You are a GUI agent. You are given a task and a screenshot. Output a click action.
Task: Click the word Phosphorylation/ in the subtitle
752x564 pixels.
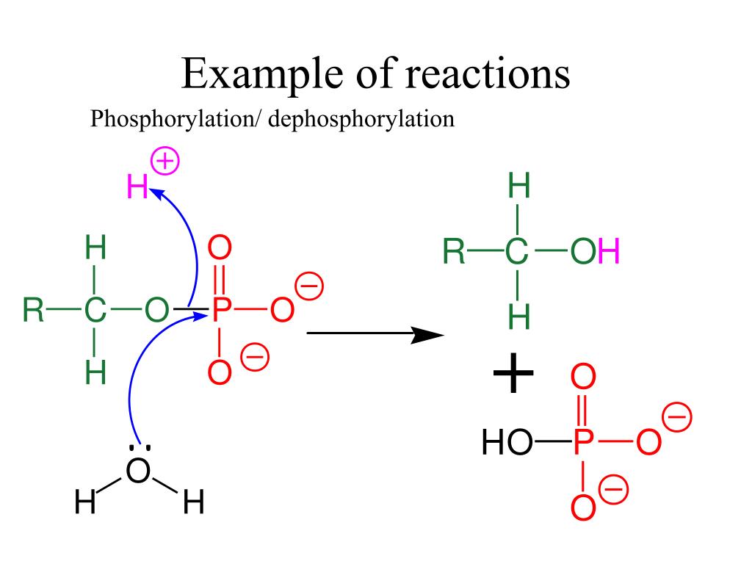coord(176,119)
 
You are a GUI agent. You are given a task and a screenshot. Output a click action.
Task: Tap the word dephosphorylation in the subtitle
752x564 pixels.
coord(361,119)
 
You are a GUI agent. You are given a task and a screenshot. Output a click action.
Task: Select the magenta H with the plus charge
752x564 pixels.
coord(137,189)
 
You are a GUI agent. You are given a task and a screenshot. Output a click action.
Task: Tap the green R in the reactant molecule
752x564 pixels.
coord(33,311)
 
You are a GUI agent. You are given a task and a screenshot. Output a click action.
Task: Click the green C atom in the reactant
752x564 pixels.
coord(95,311)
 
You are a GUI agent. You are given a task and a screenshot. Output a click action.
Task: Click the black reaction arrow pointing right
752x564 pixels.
coord(375,335)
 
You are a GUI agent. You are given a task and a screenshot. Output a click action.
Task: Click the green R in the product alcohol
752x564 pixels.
coord(454,253)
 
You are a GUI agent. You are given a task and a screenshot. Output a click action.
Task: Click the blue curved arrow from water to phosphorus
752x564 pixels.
coord(132,382)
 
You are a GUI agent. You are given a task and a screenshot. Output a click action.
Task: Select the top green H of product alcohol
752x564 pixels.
coord(518,188)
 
